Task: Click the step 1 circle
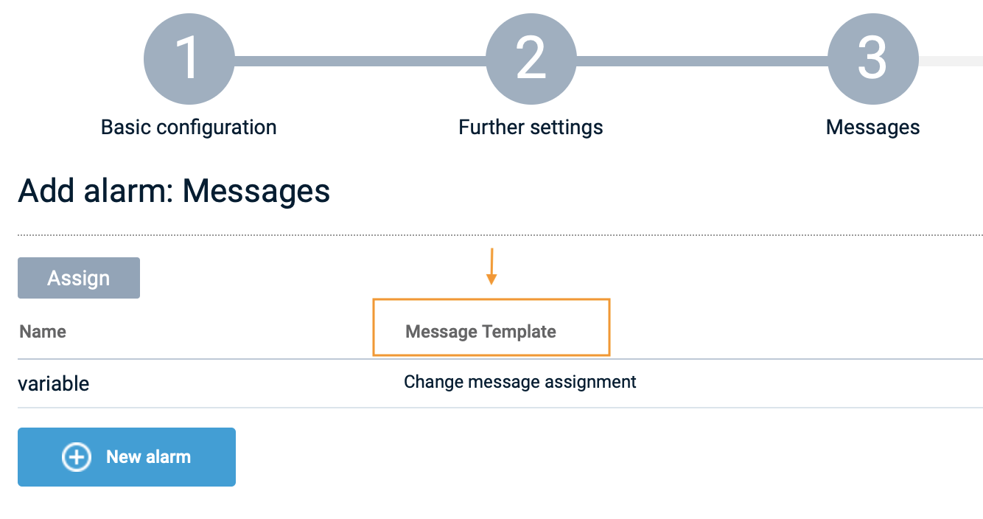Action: tap(189, 59)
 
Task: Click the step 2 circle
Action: tap(531, 59)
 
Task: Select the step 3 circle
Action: tap(873, 59)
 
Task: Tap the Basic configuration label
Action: tap(189, 128)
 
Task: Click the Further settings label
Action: tap(531, 128)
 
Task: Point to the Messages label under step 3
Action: tap(872, 128)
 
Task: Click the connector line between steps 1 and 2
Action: tap(360, 61)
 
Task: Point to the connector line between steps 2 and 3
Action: tap(702, 61)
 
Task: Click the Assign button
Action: tap(79, 278)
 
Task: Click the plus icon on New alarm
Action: tap(77, 457)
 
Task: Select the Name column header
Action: tap(43, 332)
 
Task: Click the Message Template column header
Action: tap(480, 332)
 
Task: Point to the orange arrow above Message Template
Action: tap(491, 267)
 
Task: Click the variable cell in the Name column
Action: tap(54, 383)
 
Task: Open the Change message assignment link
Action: tap(520, 382)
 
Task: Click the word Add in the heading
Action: tap(46, 191)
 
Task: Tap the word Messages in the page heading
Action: tap(256, 192)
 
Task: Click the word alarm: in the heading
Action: tap(128, 191)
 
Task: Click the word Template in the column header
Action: tap(519, 332)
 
